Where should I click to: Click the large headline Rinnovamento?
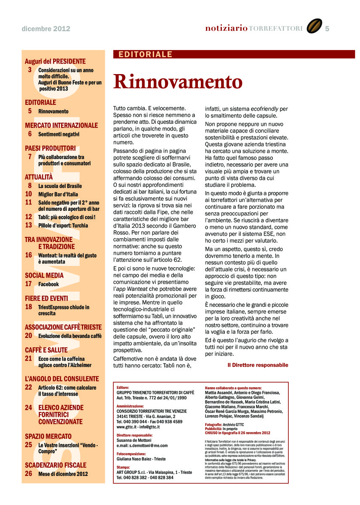point(178,82)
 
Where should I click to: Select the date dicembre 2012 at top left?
point(46,29)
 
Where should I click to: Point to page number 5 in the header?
point(327,28)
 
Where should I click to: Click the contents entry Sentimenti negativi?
point(59,134)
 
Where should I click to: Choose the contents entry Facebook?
point(48,284)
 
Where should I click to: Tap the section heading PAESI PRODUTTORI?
point(50,148)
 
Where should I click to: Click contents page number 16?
point(29,255)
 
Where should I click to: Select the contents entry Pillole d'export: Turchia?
point(63,226)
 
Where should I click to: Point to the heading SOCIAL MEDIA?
point(44,276)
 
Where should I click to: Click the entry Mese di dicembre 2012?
point(63,474)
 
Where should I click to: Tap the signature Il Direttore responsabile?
point(258,365)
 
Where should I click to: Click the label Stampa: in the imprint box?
point(123,467)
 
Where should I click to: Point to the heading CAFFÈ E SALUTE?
point(46,350)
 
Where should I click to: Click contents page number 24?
point(29,407)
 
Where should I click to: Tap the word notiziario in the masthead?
point(226,28)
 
